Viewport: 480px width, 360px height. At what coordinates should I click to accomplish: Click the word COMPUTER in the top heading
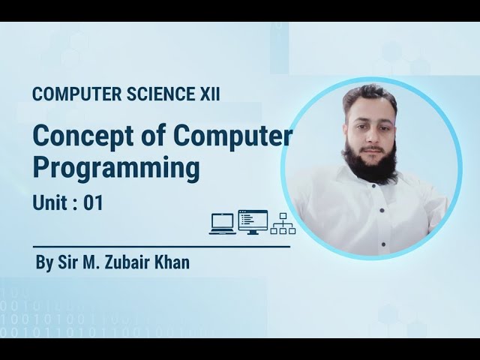click(x=72, y=94)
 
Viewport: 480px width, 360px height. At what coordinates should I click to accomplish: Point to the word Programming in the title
click(x=116, y=168)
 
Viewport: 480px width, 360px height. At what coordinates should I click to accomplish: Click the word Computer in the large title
click(x=233, y=136)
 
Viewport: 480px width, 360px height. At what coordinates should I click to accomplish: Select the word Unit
click(x=48, y=202)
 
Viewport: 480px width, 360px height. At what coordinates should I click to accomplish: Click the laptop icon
click(x=223, y=223)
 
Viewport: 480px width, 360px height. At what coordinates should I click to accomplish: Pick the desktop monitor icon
click(x=252, y=222)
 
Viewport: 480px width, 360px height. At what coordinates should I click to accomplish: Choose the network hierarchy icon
click(x=283, y=223)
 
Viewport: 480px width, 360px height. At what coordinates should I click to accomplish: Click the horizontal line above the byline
click(x=161, y=246)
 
